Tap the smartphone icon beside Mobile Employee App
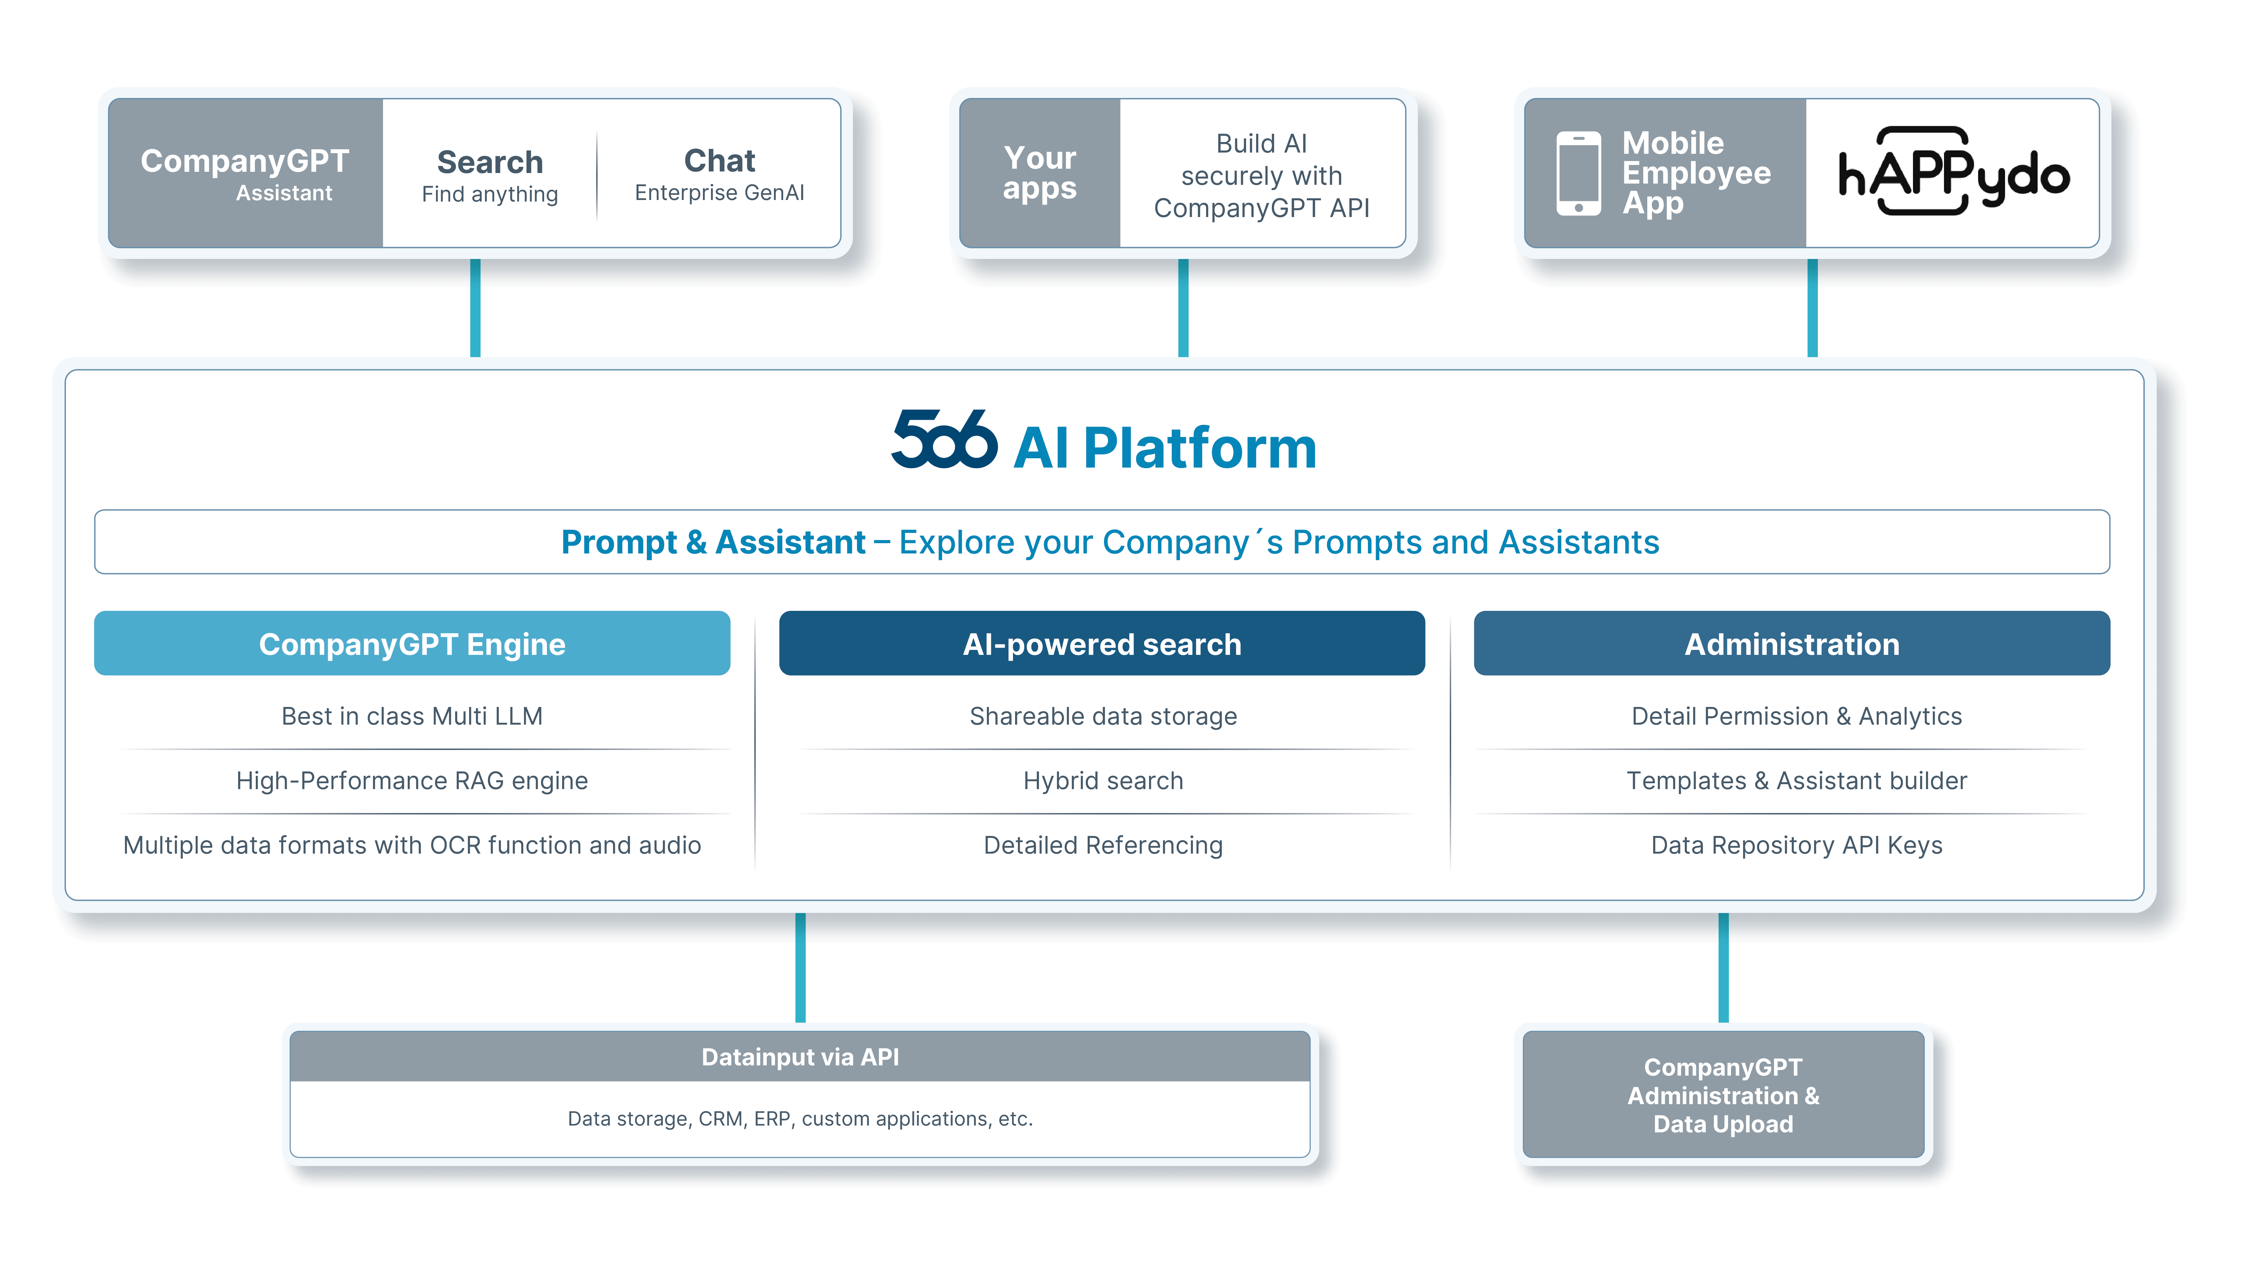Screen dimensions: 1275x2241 (x=1578, y=173)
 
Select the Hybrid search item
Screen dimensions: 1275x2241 (x=1103, y=780)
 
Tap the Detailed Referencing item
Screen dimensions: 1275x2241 (x=1103, y=845)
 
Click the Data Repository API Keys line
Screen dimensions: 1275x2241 (x=1796, y=845)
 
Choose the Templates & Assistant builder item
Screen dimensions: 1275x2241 (x=1796, y=780)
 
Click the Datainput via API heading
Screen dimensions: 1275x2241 (x=800, y=1057)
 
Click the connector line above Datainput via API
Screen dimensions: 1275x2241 (x=800, y=968)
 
